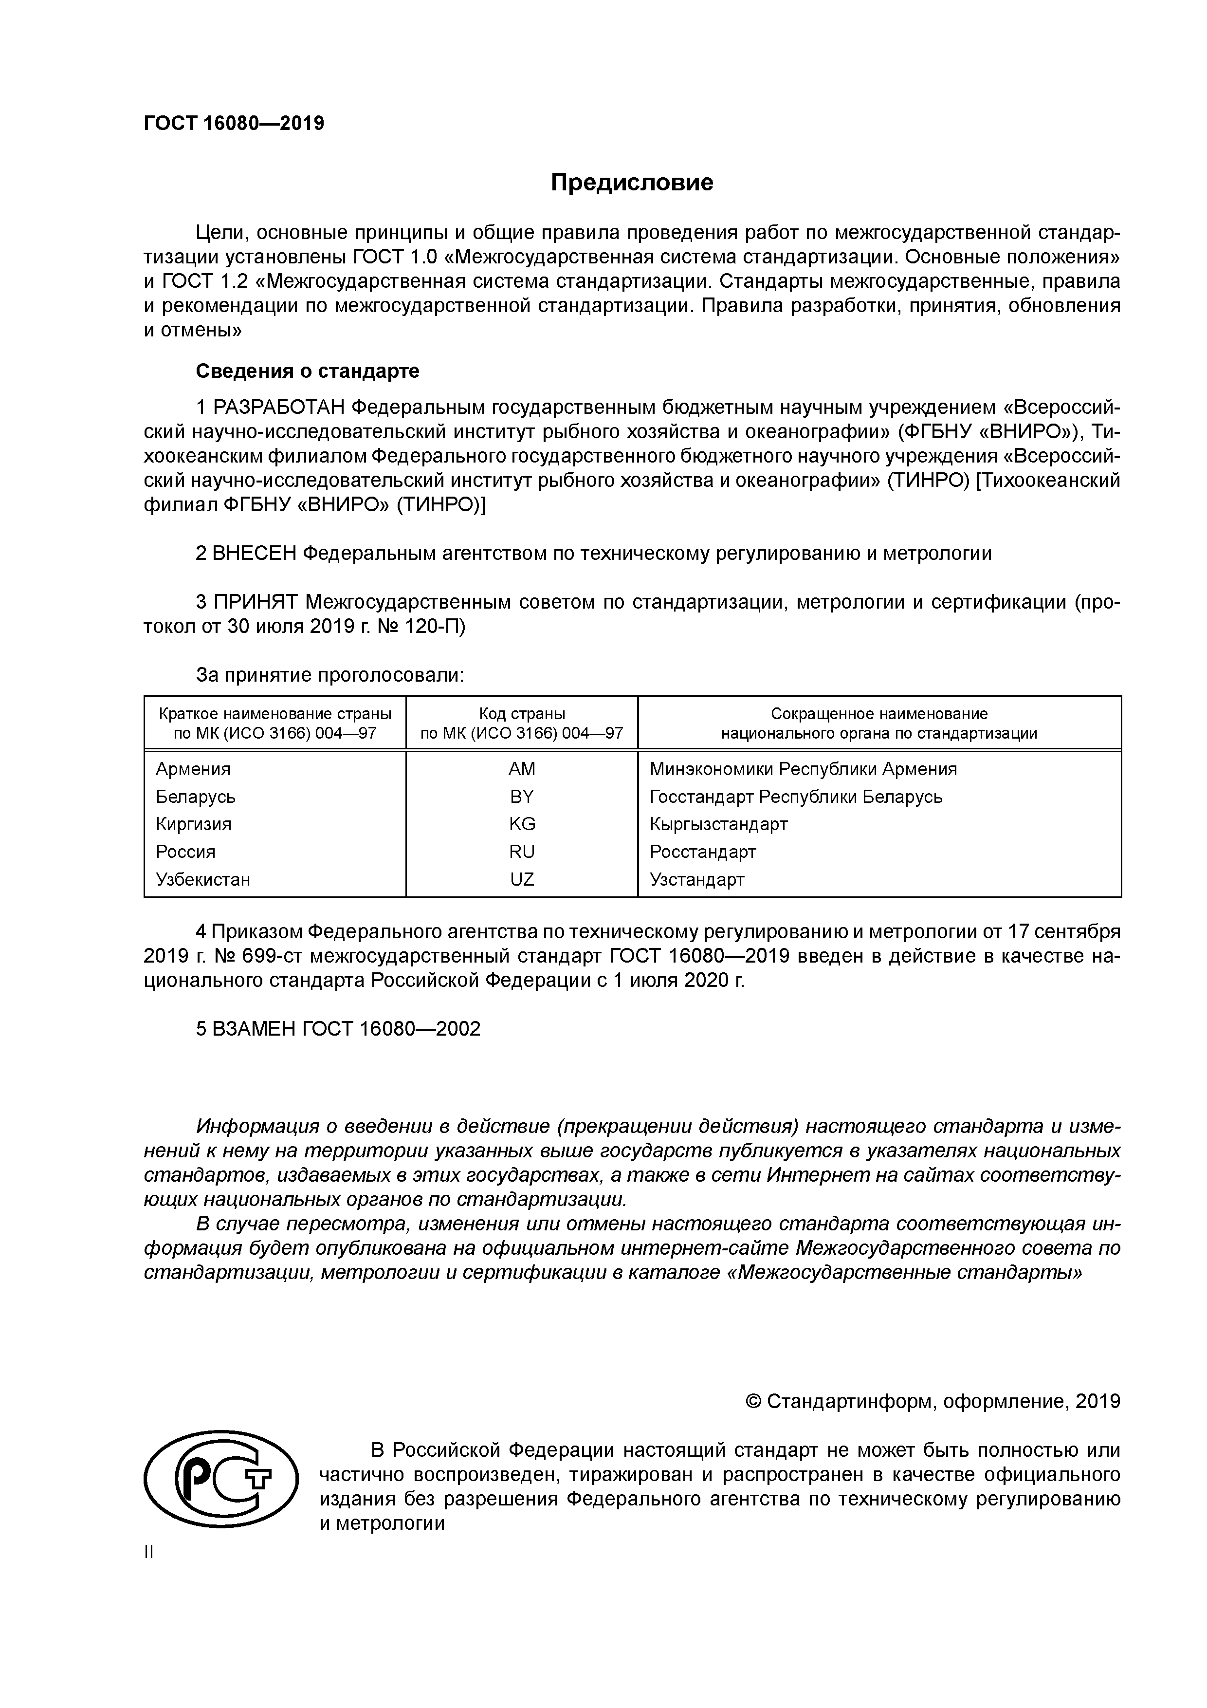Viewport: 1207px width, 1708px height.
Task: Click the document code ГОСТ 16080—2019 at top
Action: [234, 124]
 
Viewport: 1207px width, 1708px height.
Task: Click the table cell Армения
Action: [193, 769]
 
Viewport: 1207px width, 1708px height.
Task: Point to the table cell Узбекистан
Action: [202, 880]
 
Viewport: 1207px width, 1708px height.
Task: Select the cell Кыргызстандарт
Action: [718, 824]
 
